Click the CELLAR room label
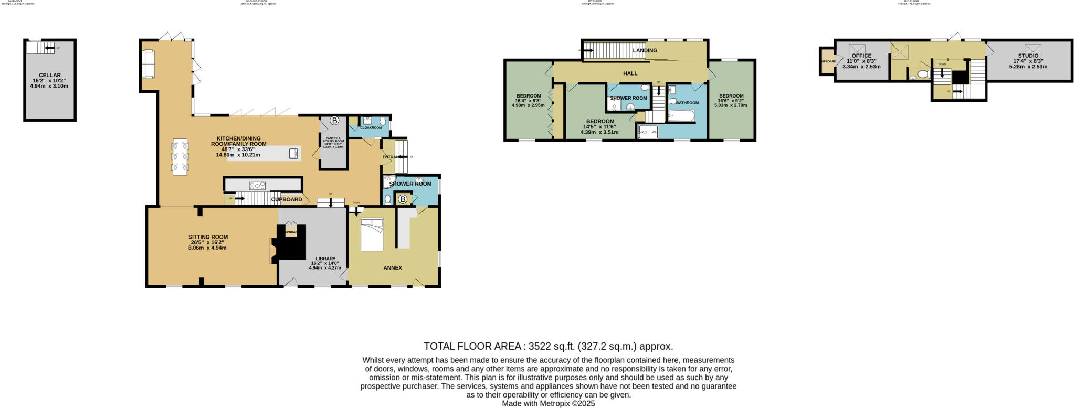click(x=50, y=75)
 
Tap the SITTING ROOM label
click(x=208, y=237)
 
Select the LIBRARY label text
click(x=325, y=259)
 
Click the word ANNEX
click(x=393, y=268)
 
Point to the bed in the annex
click(x=373, y=235)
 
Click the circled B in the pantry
click(x=334, y=121)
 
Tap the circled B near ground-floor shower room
click(x=403, y=199)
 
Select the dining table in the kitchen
click(x=180, y=156)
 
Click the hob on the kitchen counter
click(x=257, y=185)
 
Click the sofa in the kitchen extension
click(x=148, y=64)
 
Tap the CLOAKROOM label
click(x=371, y=127)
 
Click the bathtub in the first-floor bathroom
click(x=681, y=115)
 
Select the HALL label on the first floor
click(x=630, y=73)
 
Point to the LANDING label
click(x=645, y=51)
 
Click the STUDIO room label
click(x=1028, y=56)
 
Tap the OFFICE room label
click(x=861, y=56)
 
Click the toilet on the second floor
click(x=923, y=74)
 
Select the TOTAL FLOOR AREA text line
click(x=548, y=346)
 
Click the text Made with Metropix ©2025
click(x=548, y=404)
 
